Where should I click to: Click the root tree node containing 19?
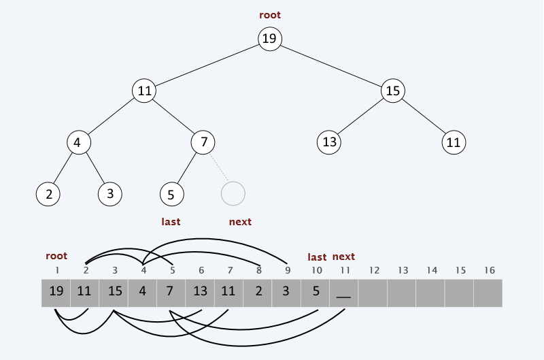point(269,39)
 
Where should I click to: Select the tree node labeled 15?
point(392,91)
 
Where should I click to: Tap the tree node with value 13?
point(329,142)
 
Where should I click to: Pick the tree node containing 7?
point(203,142)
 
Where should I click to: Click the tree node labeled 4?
point(78,142)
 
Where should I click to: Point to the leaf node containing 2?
point(48,194)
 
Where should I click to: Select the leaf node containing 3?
point(109,194)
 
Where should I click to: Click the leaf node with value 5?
point(171,194)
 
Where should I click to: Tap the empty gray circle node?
point(233,194)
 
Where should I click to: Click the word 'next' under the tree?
point(240,222)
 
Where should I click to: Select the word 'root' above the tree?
point(269,15)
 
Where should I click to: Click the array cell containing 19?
point(56,292)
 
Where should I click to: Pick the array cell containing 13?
point(200,292)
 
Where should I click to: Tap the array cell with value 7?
point(171,292)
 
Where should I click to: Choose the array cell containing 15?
point(114,292)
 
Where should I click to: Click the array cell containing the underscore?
point(344,292)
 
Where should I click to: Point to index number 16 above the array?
point(489,270)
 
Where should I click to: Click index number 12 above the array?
point(373,270)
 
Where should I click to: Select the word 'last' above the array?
point(317,257)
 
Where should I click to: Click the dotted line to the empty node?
point(218,169)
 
